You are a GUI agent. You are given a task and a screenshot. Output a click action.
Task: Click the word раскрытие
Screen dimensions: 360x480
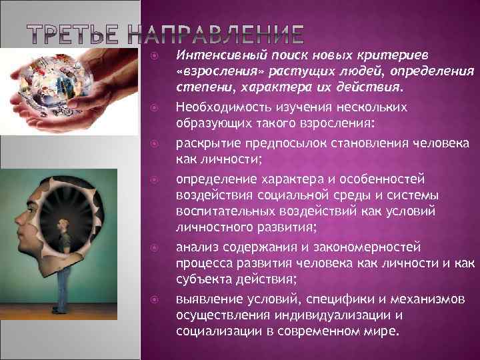click(x=204, y=143)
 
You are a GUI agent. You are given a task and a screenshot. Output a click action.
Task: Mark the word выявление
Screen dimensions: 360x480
click(x=203, y=298)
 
